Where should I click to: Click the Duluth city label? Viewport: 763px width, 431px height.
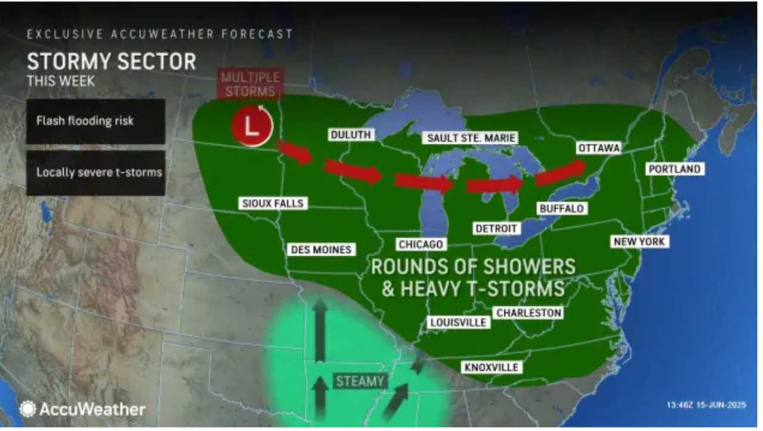coord(351,135)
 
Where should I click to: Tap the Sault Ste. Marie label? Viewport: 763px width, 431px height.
coord(471,138)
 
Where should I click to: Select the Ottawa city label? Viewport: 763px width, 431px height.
coord(599,148)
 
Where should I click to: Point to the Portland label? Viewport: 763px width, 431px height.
coord(674,169)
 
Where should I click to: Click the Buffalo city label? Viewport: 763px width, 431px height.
coord(561,208)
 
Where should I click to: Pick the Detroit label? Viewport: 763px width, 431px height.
coord(497,228)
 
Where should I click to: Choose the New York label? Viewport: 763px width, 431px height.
coord(639,241)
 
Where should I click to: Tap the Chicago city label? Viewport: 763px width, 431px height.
coord(421,244)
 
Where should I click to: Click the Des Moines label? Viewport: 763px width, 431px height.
coord(321,249)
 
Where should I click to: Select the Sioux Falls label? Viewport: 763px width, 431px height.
coord(273,203)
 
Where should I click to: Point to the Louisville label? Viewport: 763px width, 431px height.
coord(458,322)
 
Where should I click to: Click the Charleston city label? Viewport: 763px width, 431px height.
coord(529,312)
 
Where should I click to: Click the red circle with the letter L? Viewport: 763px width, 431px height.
coord(252,126)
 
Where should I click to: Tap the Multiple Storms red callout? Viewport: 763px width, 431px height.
coord(250,84)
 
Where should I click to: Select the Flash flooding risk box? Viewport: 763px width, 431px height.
coord(95,121)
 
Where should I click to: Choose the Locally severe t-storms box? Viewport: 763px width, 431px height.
coord(95,172)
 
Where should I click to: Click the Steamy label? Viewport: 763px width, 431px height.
coord(359,381)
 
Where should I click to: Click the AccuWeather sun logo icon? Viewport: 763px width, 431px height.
coord(27,409)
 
